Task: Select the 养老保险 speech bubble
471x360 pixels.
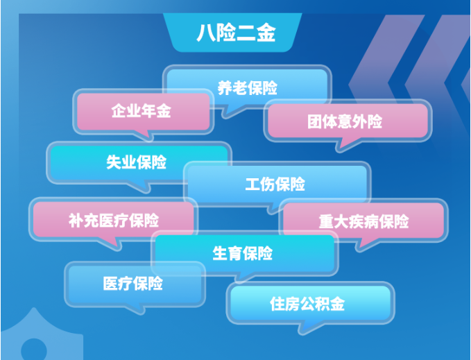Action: tap(247, 88)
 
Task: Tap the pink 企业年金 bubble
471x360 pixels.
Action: tap(142, 111)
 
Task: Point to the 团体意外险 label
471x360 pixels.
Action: tap(345, 122)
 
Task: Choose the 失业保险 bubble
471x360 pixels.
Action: tap(137, 162)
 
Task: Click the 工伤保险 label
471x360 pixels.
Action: tap(275, 185)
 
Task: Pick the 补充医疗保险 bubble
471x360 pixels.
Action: tap(114, 221)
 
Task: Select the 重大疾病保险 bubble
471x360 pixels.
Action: tap(363, 222)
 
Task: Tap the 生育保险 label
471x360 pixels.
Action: tap(242, 253)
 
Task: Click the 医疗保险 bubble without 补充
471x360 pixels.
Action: tap(133, 284)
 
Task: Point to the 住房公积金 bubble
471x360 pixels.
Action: tap(307, 304)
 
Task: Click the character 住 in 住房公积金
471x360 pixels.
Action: tap(277, 304)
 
